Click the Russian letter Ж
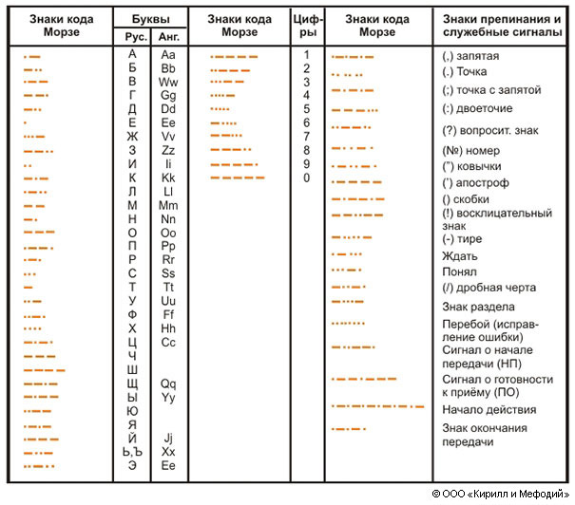tap(132, 136)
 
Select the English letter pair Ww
tap(169, 82)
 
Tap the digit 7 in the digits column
tap(307, 136)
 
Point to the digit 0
tap(307, 178)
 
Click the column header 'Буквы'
tap(150, 19)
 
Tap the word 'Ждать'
tap(460, 255)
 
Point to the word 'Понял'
tap(460, 271)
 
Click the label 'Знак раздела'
tap(479, 307)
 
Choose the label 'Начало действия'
tap(489, 410)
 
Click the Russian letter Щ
tap(132, 383)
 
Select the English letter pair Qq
tap(169, 383)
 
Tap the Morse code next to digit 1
tap(234, 57)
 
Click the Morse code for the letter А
tap(32, 57)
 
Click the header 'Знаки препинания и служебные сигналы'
tap(504, 26)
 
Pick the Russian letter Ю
tap(132, 411)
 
